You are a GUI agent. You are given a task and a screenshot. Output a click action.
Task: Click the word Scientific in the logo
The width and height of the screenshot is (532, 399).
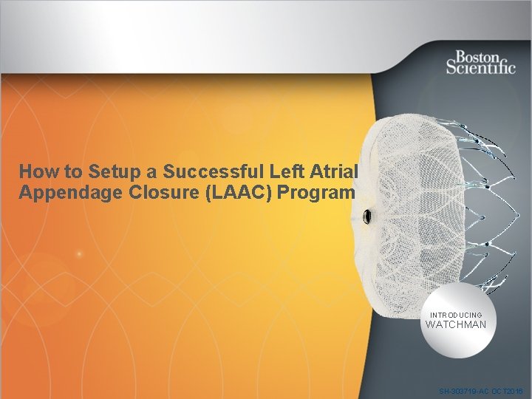[x=480, y=66]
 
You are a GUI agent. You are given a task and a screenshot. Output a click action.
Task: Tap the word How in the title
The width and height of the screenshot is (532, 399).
[x=35, y=171]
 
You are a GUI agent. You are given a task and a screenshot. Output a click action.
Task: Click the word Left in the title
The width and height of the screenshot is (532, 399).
[x=278, y=171]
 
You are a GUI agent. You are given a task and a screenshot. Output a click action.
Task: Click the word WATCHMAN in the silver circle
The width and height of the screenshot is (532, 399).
[x=456, y=324]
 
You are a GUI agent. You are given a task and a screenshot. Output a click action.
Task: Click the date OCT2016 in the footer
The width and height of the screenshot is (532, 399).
[x=508, y=390]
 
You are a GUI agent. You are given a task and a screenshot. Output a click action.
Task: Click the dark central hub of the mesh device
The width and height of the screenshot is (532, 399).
[x=367, y=216]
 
